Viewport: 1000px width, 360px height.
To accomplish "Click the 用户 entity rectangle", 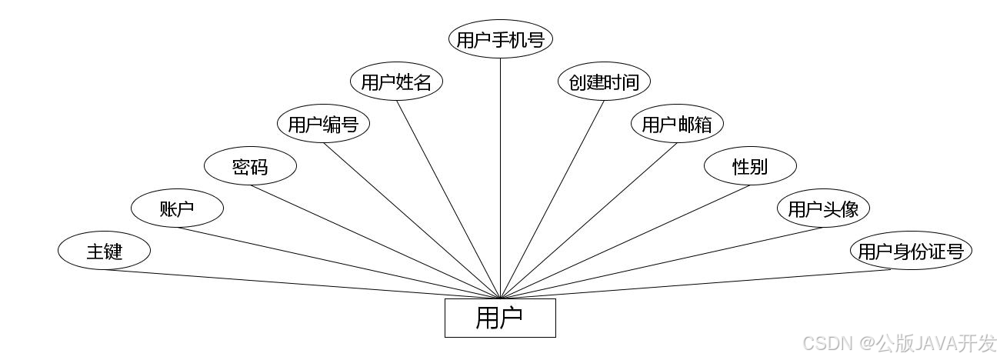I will click(x=500, y=318).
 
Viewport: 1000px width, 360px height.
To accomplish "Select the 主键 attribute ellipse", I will click(x=104, y=251).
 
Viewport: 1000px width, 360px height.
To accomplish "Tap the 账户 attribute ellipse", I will click(x=177, y=208).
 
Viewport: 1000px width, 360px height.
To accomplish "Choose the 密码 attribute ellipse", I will click(x=250, y=166).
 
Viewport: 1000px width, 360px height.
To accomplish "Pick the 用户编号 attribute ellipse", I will click(x=323, y=125).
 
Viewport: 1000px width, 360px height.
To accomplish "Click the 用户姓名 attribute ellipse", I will click(x=396, y=82).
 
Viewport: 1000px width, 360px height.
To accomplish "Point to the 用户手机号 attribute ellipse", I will click(x=501, y=40).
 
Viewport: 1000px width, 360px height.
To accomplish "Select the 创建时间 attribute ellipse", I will click(x=604, y=82).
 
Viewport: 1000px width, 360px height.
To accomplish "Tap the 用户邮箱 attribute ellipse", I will click(x=677, y=125).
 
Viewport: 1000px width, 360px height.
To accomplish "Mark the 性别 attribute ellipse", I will click(x=750, y=166).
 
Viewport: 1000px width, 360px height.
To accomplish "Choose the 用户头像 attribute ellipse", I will click(x=823, y=208).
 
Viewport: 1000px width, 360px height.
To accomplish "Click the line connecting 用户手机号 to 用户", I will click(x=501, y=177).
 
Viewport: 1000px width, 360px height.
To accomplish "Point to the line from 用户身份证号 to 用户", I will click(x=704, y=284).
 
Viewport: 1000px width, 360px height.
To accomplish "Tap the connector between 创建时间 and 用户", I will click(x=552, y=199).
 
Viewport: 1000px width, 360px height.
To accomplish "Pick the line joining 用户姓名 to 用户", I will click(x=448, y=199).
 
